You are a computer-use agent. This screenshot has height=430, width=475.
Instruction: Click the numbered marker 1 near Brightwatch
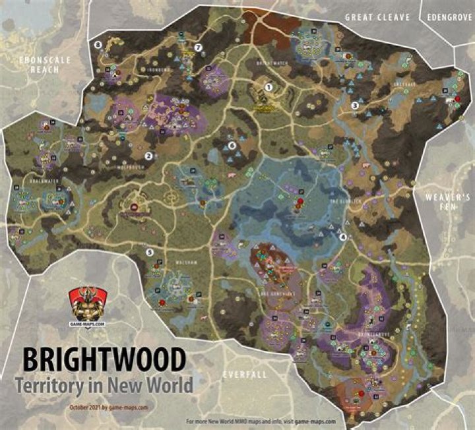[269, 86]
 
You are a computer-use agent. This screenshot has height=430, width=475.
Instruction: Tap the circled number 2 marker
[149, 156]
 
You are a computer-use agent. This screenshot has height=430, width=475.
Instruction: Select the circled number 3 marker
[354, 106]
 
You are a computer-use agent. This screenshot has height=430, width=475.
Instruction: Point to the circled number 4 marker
[342, 237]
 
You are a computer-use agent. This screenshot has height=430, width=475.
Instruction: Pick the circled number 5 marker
[150, 251]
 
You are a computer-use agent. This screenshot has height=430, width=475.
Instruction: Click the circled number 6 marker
[232, 146]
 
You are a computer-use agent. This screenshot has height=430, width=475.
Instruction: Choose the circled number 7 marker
[197, 47]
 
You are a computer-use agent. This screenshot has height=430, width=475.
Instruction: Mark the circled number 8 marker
[98, 45]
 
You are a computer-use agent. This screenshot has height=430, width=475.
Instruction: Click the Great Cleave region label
[377, 17]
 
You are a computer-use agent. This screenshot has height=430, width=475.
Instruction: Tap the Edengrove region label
[450, 17]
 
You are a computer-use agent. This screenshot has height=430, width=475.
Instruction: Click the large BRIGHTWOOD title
[104, 361]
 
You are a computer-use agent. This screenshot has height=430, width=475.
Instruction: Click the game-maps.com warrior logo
[86, 305]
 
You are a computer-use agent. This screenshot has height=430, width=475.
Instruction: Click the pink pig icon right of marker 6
[231, 176]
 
